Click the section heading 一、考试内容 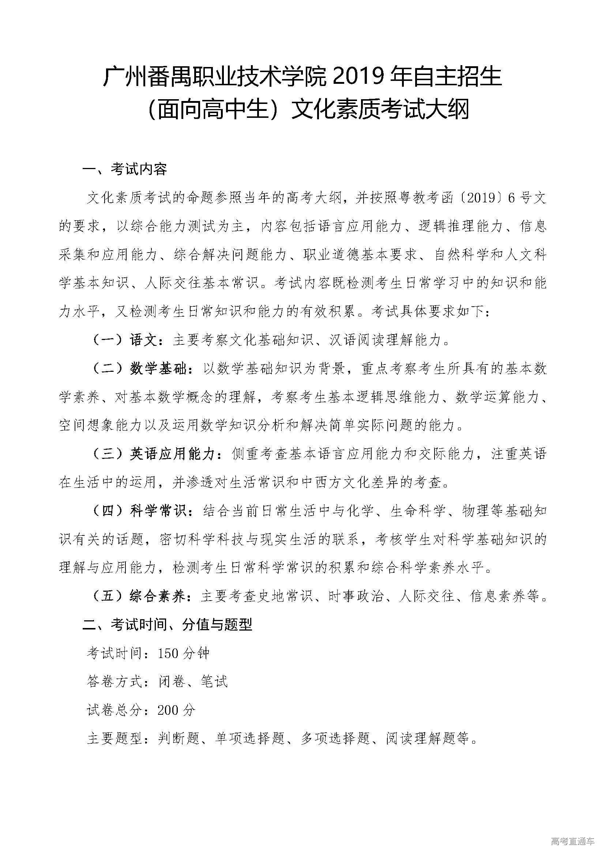[x=124, y=170]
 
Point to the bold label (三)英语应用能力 [x=156, y=454]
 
